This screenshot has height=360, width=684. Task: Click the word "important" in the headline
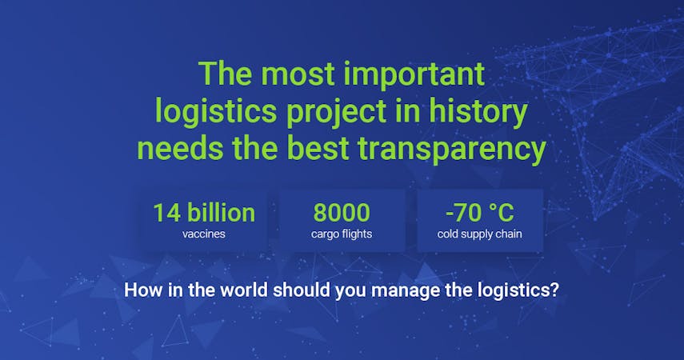click(414, 75)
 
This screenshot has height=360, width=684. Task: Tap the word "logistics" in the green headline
click(216, 112)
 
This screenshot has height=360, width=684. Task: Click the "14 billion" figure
click(204, 213)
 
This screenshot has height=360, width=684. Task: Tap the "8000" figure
click(342, 213)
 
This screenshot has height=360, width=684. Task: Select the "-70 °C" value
click(480, 213)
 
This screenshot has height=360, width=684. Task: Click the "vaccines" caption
click(204, 234)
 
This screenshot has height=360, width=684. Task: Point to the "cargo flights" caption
click(342, 234)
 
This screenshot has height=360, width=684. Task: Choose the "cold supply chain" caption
click(479, 234)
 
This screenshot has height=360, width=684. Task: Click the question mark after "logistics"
click(554, 290)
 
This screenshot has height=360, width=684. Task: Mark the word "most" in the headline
click(298, 75)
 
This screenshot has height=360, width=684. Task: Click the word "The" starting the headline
click(225, 74)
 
